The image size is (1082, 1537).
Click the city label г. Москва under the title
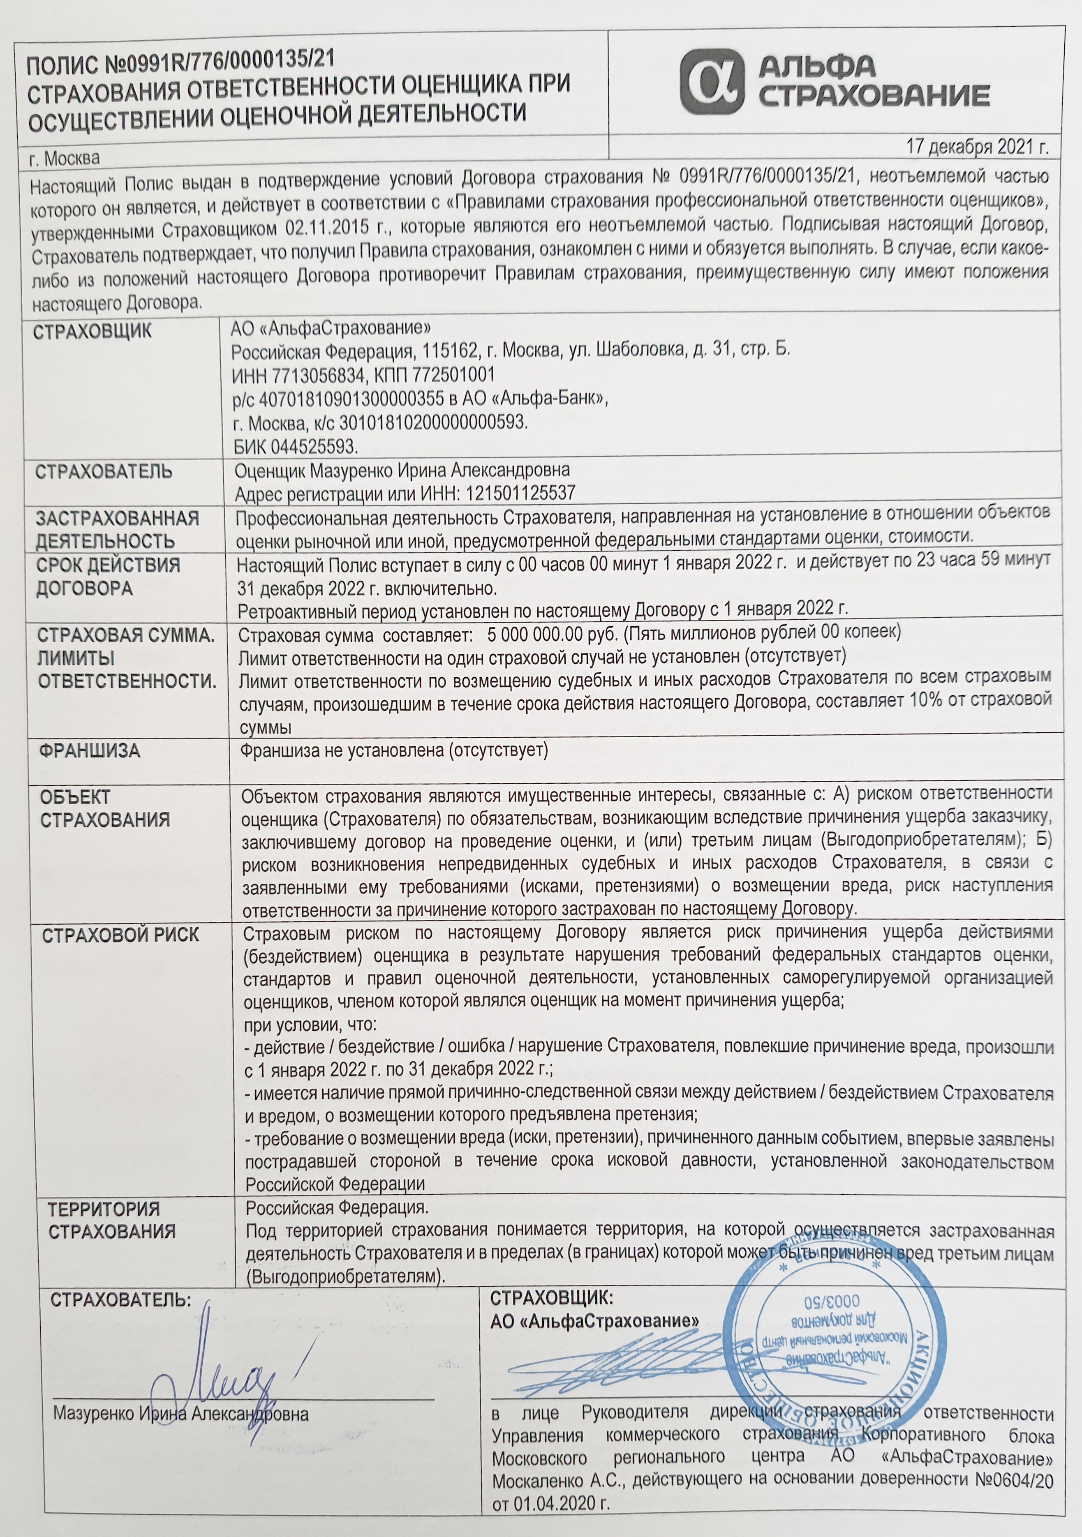64,159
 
